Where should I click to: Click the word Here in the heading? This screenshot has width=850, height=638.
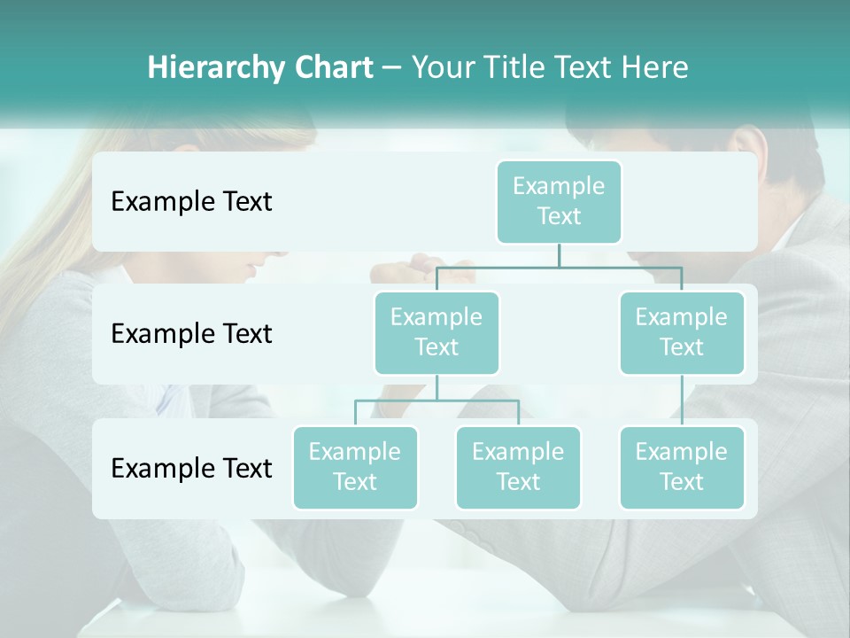click(x=655, y=67)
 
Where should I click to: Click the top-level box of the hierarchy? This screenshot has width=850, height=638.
click(x=559, y=201)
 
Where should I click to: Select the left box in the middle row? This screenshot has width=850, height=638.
click(x=437, y=332)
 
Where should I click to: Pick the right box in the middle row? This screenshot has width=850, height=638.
click(x=682, y=332)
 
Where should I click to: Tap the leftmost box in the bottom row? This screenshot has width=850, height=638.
click(x=355, y=467)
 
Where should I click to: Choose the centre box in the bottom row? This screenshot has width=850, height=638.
click(x=518, y=467)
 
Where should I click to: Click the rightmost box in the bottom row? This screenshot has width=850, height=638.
click(x=682, y=467)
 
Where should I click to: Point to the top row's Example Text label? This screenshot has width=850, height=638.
click(x=191, y=201)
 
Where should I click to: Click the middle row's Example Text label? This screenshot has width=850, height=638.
click(x=191, y=333)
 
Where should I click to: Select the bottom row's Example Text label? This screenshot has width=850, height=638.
click(x=191, y=468)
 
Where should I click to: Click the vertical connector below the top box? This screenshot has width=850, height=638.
click(x=559, y=255)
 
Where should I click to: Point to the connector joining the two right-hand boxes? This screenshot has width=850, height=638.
click(x=682, y=401)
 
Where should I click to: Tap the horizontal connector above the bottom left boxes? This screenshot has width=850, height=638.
click(x=437, y=401)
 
